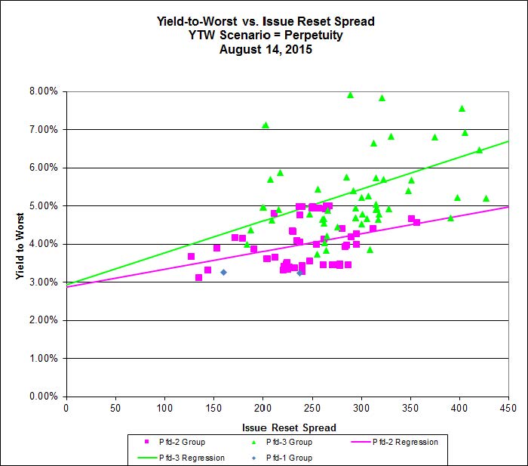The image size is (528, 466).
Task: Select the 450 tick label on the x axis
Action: pyautogui.click(x=508, y=409)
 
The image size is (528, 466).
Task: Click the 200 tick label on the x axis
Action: pyautogui.click(x=262, y=409)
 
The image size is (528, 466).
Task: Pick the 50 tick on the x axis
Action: pyautogui.click(x=115, y=409)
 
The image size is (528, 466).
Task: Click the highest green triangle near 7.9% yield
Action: pyautogui.click(x=350, y=95)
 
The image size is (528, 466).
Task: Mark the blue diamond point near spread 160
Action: pyautogui.click(x=223, y=272)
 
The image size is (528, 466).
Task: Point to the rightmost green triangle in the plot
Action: pyautogui.click(x=486, y=199)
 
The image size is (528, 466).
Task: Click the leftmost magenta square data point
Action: pyautogui.click(x=191, y=257)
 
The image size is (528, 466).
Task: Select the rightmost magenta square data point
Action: pyautogui.click(x=416, y=222)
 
